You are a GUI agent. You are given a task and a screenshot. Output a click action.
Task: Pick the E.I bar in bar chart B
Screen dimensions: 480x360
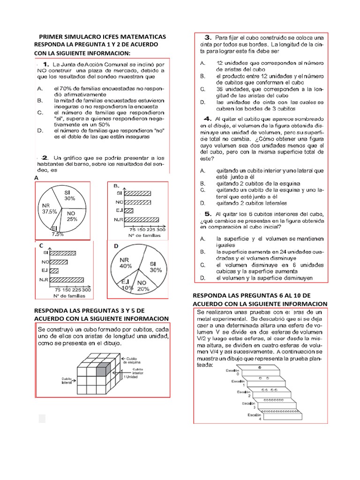pos(129,210)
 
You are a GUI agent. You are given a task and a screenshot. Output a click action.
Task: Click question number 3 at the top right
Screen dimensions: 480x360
pos(207,37)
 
